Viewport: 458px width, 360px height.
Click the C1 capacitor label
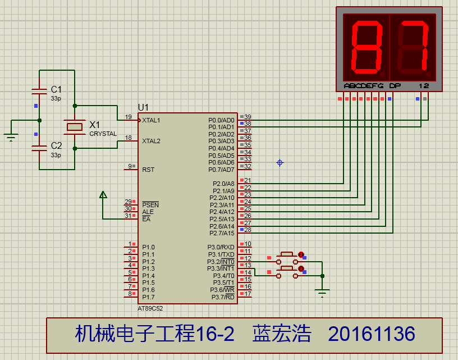tap(56, 89)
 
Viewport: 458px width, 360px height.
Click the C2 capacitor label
tap(56, 145)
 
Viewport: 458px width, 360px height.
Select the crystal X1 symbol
tap(75, 127)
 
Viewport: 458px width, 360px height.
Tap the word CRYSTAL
tap(103, 134)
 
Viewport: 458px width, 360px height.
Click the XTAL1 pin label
tap(151, 120)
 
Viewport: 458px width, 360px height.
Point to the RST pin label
tap(148, 170)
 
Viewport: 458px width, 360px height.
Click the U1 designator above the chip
tap(144, 107)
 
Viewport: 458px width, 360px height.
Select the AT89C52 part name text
tap(150, 308)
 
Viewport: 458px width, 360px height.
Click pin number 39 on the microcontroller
tap(248, 117)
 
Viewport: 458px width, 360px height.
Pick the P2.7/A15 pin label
tap(222, 233)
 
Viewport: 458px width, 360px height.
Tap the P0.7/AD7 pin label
tap(221, 170)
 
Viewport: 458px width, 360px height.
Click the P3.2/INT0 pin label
tap(221, 262)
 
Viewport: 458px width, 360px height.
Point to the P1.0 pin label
tap(148, 247)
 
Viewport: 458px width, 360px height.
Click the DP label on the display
tap(395, 86)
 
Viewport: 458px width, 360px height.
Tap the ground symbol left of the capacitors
tap(11, 137)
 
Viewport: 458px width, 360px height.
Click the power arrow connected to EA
tap(103, 195)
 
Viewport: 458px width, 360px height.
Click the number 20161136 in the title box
tap(372, 334)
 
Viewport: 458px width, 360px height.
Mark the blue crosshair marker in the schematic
tap(280, 163)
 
